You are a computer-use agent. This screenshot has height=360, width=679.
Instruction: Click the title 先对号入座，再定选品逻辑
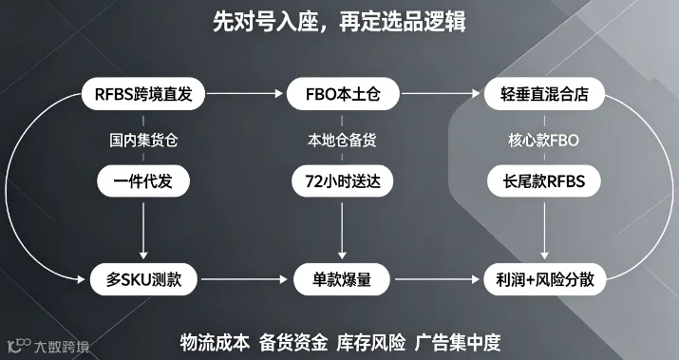[340, 21]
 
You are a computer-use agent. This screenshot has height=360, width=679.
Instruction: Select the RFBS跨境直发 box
[143, 94]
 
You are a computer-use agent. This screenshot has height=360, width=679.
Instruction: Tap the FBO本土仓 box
[343, 94]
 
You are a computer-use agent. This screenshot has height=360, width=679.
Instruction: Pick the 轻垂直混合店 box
[544, 94]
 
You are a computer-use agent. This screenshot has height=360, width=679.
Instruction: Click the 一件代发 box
[143, 181]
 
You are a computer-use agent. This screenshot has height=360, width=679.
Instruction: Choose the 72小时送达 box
[343, 181]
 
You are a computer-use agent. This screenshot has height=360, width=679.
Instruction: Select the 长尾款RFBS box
[544, 181]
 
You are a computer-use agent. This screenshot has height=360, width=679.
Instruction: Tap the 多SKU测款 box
[143, 279]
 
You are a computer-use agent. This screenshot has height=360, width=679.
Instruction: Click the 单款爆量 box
[342, 279]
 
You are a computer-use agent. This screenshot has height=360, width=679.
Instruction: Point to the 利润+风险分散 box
[545, 279]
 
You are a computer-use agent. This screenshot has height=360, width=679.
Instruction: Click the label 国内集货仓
[143, 141]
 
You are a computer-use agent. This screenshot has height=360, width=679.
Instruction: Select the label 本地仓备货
[342, 141]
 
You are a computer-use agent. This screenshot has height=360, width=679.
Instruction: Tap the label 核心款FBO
[543, 141]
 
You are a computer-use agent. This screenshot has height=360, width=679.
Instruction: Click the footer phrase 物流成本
[215, 343]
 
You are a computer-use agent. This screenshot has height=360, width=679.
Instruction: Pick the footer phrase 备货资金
[293, 343]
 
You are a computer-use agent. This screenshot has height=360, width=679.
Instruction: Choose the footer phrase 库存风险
[371, 343]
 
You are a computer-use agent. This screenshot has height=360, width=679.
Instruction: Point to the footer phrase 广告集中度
[458, 343]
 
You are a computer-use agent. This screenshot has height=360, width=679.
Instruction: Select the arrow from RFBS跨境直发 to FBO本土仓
[244, 94]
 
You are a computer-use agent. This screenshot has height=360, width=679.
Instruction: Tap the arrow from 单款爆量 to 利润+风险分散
[438, 279]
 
